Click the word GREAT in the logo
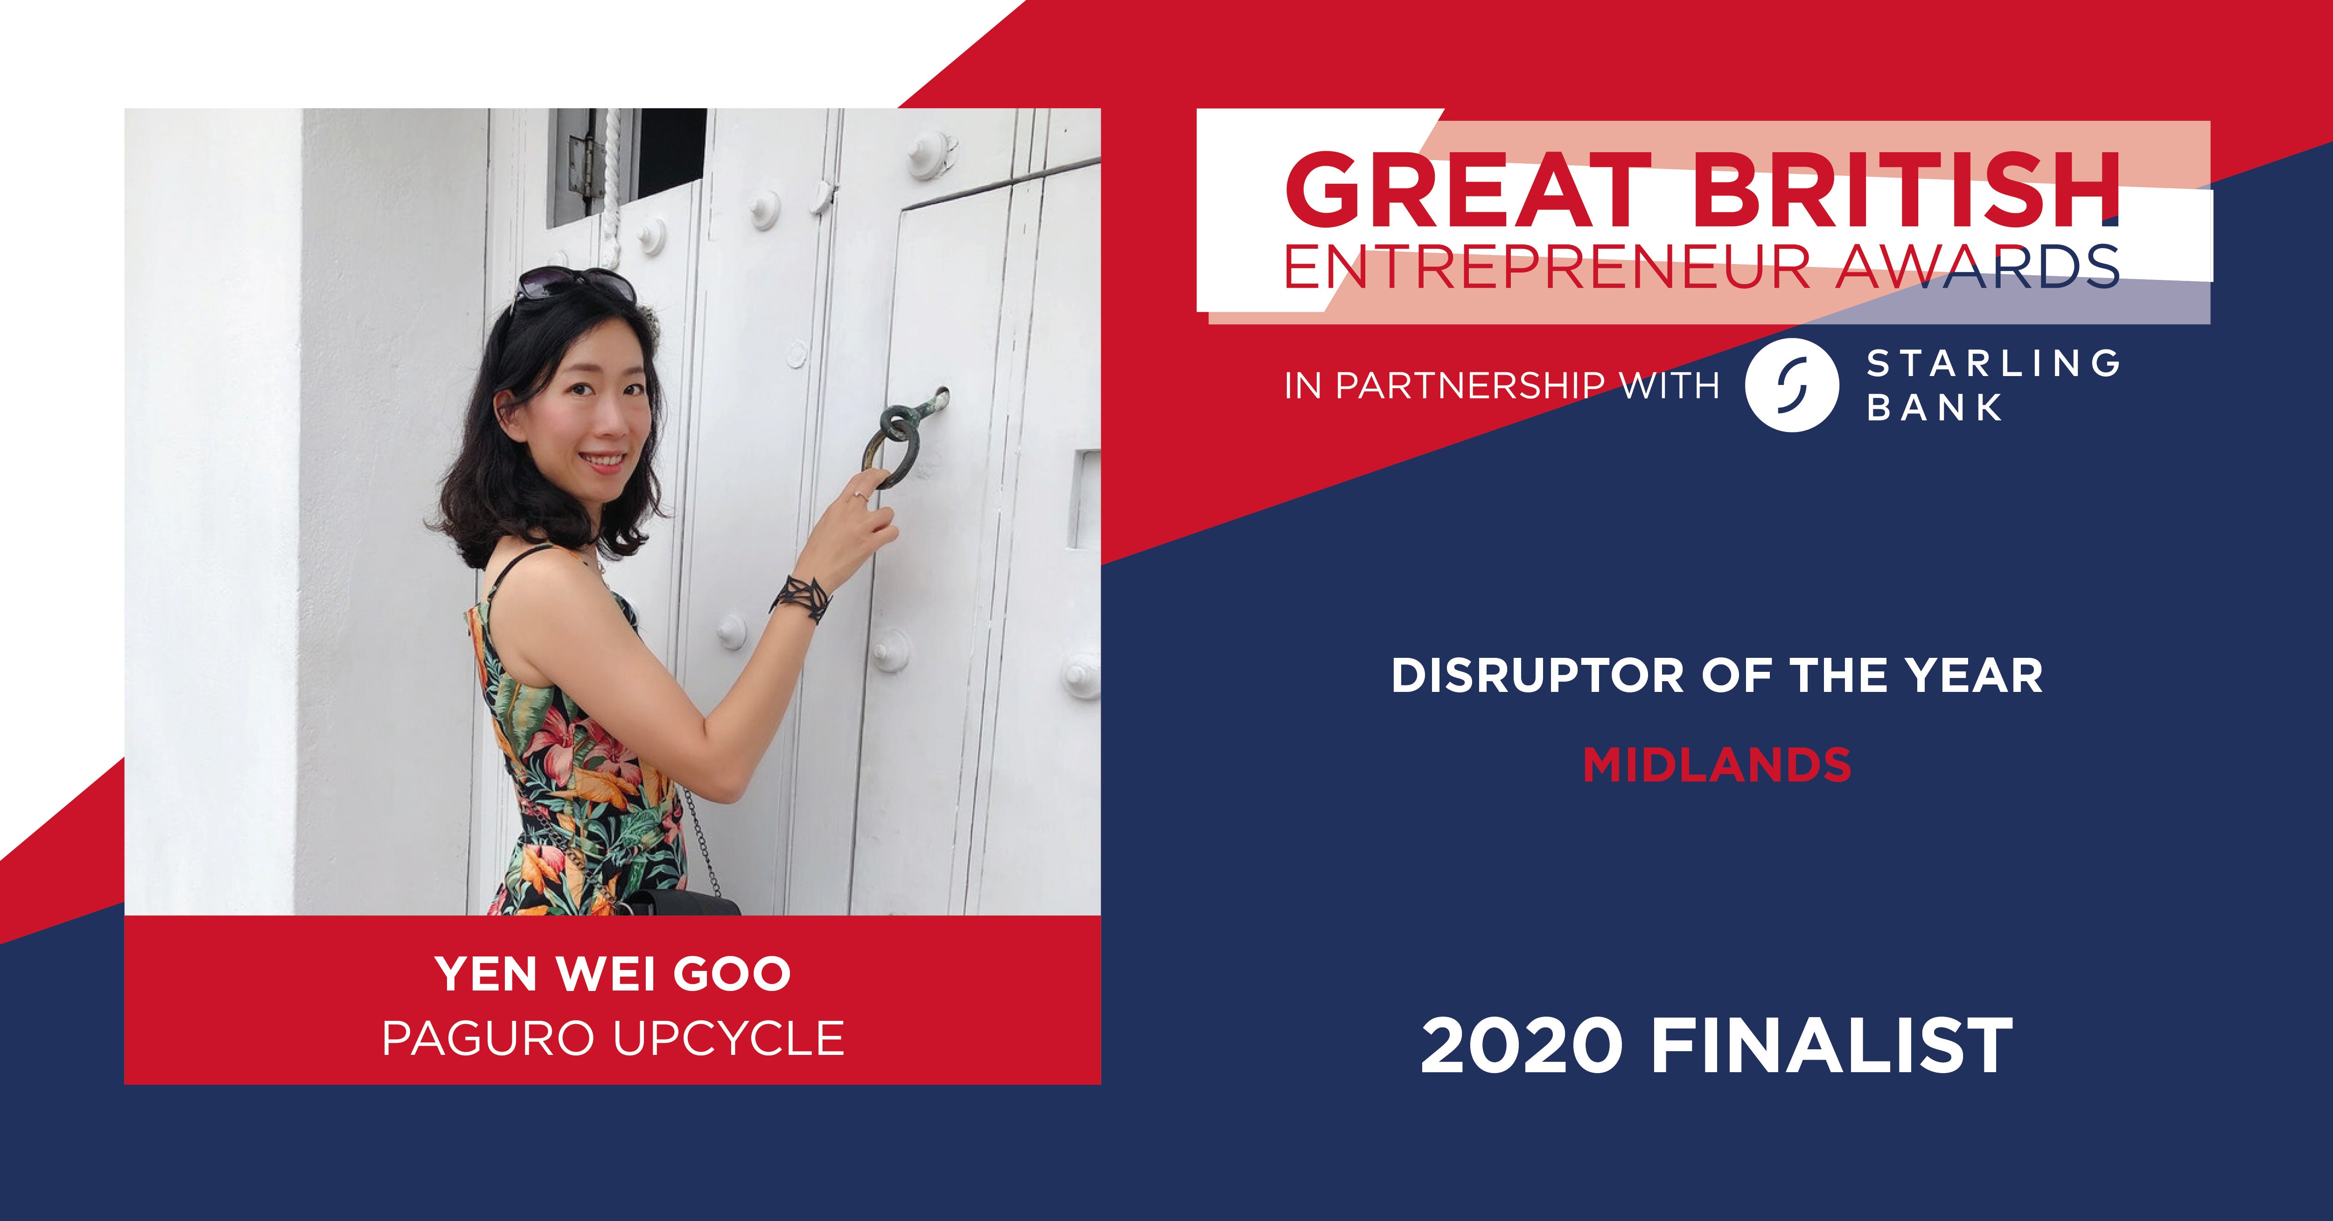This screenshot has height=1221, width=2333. point(1468,189)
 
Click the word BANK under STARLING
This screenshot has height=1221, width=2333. point(1935,408)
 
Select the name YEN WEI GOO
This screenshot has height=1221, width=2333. point(613,974)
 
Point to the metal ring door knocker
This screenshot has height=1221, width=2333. point(891,443)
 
